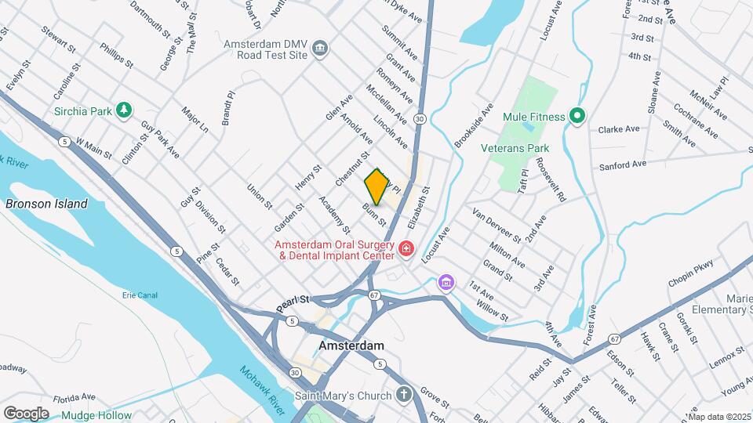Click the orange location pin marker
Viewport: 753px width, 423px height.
pos(376,186)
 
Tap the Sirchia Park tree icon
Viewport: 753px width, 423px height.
pos(123,110)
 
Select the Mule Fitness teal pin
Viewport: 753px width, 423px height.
pos(578,117)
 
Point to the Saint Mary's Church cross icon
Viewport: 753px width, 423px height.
pos(403,395)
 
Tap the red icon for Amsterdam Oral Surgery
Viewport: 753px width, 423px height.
pos(406,249)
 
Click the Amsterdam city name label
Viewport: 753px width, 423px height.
pos(351,345)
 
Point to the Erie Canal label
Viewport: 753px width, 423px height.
pos(140,295)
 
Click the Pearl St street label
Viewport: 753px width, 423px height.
pos(294,300)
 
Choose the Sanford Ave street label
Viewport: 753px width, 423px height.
pos(623,164)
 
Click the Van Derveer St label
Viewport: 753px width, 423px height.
pos(496,225)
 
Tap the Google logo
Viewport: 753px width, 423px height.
pos(26,413)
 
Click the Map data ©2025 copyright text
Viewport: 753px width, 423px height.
pos(718,416)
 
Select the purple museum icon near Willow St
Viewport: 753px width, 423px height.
pos(446,282)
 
